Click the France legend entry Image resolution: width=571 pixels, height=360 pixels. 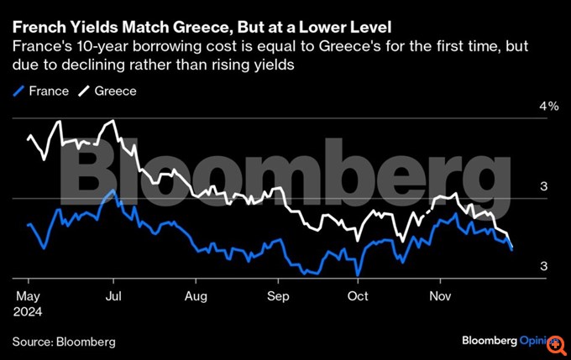coord(43,90)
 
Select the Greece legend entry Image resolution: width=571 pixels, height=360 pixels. coord(110,90)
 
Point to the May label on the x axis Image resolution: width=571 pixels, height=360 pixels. coord(28,296)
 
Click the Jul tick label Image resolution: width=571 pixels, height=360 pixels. coord(113,296)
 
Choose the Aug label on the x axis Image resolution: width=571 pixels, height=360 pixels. coord(195,296)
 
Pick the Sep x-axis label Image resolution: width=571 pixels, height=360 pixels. coord(278,296)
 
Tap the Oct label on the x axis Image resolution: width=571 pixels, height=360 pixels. coord(359,296)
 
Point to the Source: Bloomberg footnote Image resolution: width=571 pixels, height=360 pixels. coord(64,342)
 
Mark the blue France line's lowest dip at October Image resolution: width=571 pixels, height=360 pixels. coord(359,274)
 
